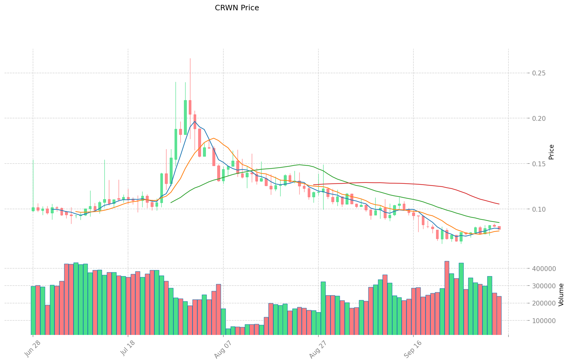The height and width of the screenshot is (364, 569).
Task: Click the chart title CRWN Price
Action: tap(237, 8)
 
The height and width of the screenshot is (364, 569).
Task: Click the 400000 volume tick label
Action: tap(547, 269)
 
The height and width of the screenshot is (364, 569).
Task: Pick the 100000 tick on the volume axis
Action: tap(547, 321)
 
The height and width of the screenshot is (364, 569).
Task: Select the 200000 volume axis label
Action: tap(547, 303)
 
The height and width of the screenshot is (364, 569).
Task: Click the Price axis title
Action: tap(551, 152)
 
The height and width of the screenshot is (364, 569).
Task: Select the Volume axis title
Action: tap(561, 295)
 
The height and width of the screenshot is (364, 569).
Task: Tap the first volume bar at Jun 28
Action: tap(33, 310)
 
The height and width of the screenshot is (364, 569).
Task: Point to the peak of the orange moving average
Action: tap(214, 138)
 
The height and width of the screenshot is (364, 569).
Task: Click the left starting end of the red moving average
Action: tap(314, 185)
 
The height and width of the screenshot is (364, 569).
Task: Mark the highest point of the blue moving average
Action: tap(195, 121)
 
